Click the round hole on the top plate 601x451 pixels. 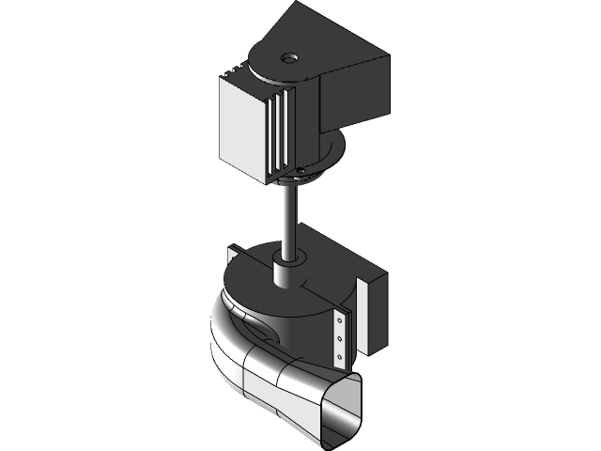tap(288, 57)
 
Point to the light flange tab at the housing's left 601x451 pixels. tap(236, 257)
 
